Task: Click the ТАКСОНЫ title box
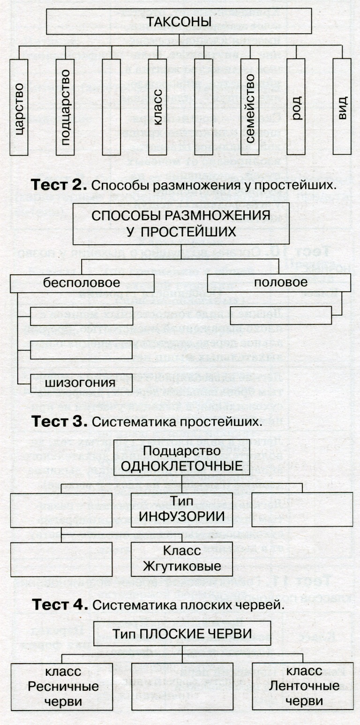point(178,22)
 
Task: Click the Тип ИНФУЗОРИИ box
point(182,509)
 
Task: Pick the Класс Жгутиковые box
point(182,559)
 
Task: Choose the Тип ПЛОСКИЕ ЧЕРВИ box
point(182,634)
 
